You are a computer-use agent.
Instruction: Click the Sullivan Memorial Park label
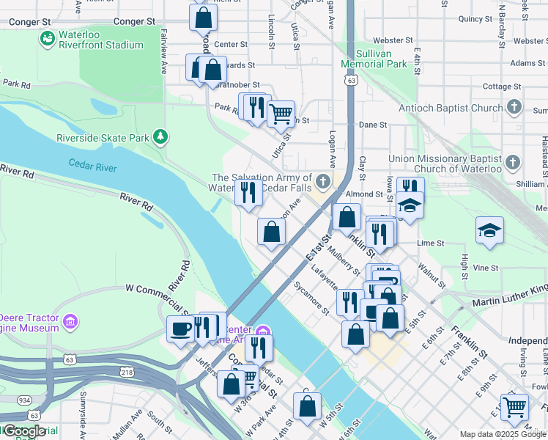tap(374, 59)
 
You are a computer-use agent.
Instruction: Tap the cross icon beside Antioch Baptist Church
tap(514, 108)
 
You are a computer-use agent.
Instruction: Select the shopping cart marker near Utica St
tap(281, 114)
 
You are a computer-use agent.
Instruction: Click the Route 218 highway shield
tap(127, 373)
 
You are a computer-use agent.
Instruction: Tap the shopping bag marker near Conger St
tap(202, 18)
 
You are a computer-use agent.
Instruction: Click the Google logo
tap(23, 430)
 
